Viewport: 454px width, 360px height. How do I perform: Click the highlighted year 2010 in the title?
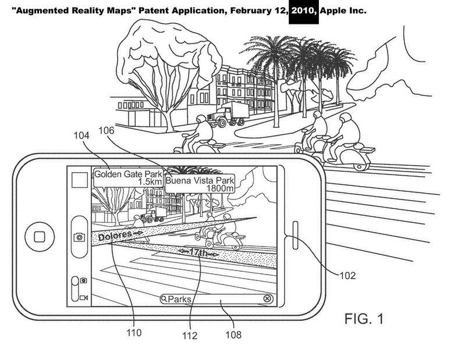[303, 11]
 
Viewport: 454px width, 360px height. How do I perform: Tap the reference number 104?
[81, 136]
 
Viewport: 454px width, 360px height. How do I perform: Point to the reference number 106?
[107, 130]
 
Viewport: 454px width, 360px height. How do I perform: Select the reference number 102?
[347, 276]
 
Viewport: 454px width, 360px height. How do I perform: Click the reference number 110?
[134, 333]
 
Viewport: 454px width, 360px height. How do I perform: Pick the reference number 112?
[190, 336]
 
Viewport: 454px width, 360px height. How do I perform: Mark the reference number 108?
[233, 335]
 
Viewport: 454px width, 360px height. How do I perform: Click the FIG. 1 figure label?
[364, 319]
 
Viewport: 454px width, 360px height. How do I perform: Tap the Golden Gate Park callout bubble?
[128, 177]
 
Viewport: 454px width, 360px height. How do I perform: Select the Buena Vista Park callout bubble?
[200, 184]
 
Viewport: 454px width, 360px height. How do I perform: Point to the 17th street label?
[198, 252]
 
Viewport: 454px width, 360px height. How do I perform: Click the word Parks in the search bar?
[179, 299]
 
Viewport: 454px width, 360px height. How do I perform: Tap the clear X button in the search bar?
[268, 299]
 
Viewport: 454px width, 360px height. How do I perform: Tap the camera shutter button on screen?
[79, 237]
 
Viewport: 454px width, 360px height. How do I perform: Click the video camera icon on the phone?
[84, 298]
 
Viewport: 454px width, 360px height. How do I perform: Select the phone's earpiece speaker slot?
[296, 236]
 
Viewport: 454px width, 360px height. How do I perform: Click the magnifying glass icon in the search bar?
[164, 299]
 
